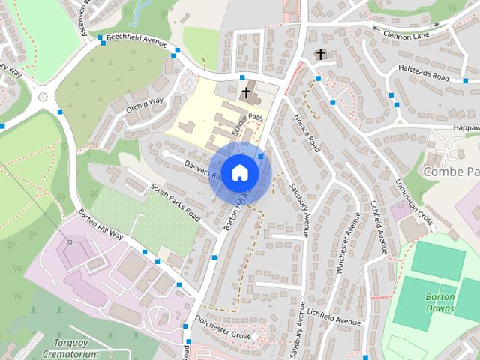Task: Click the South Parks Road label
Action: point(174,202)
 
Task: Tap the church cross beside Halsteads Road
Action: point(321,54)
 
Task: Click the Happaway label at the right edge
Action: point(465,128)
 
